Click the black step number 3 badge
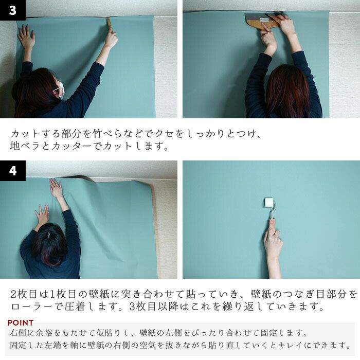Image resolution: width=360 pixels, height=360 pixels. [x=13, y=10]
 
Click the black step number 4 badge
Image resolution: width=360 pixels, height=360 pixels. [x=13, y=171]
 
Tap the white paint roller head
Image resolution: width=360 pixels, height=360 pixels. [x=268, y=203]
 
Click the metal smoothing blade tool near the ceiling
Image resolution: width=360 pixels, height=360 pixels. [x=262, y=21]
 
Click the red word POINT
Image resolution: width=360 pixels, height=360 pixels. [x=21, y=322]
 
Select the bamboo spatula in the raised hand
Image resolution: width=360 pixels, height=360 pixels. [x=109, y=25]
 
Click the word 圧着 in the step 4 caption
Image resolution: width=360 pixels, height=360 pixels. [x=75, y=307]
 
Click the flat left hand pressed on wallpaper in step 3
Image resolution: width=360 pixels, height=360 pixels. [x=26, y=37]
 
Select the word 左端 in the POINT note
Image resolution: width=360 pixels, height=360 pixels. [x=52, y=345]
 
